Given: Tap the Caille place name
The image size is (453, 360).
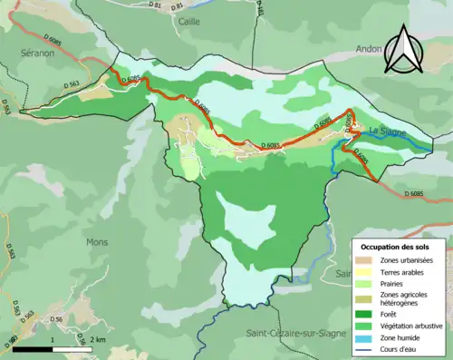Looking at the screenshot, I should click(189, 21).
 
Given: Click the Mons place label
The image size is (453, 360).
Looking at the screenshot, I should click(97, 242).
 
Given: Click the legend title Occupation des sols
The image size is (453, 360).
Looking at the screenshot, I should click(396, 246).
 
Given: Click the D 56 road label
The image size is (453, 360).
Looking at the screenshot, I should click(56, 320).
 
